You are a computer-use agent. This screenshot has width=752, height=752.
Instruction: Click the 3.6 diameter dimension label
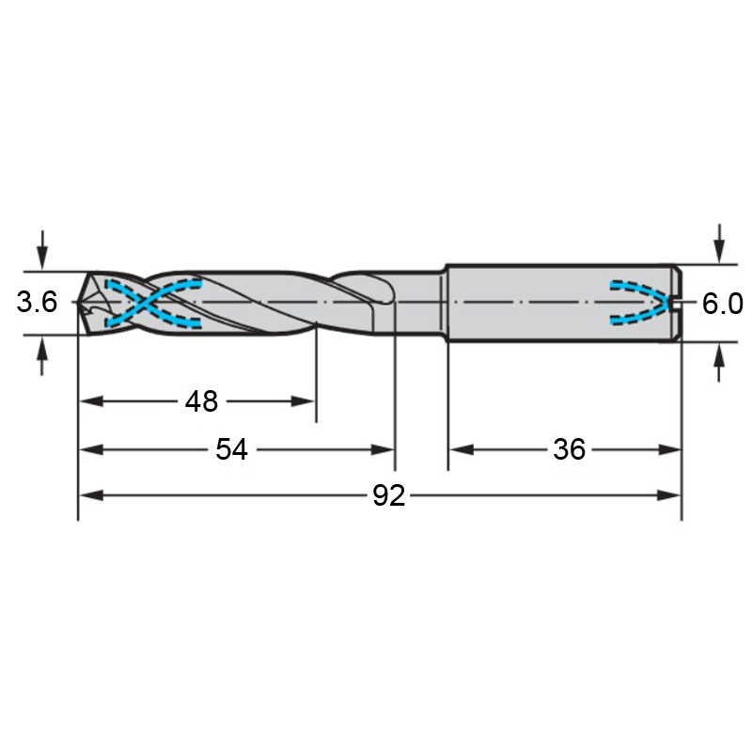pyautogui.click(x=37, y=302)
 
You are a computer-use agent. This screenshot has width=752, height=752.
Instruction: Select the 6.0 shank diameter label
pyautogui.click(x=723, y=304)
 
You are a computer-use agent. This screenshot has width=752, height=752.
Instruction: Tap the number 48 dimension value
pyautogui.click(x=201, y=401)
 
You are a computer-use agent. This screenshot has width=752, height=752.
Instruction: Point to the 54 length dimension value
pyautogui.click(x=231, y=449)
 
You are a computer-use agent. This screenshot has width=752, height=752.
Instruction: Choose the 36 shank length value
pyautogui.click(x=570, y=449)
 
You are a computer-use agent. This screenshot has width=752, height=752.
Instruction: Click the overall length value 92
pyautogui.click(x=389, y=495)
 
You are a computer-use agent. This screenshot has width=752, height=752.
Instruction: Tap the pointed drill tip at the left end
pyautogui.click(x=78, y=302)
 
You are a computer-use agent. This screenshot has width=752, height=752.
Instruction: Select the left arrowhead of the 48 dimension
pyautogui.click(x=91, y=401)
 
